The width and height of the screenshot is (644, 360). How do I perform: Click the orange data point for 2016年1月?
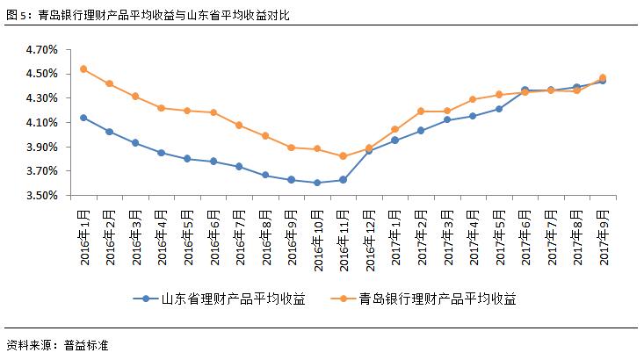pos(83,69)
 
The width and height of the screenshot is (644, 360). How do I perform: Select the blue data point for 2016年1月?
pos(83,118)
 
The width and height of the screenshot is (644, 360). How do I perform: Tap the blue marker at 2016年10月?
pos(317,183)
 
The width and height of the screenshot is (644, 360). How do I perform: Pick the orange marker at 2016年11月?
pos(343,156)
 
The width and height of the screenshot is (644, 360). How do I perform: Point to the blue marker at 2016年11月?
pos(343,179)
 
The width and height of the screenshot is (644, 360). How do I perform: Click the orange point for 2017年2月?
pos(421,111)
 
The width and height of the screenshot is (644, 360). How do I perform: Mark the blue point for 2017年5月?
pos(498,109)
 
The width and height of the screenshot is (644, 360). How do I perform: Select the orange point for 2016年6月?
pos(213,112)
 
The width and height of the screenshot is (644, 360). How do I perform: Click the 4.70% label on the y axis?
pos(41,50)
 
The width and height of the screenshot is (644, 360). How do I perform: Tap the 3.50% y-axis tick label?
pos(41,195)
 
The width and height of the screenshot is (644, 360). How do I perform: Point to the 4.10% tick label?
pos(41,123)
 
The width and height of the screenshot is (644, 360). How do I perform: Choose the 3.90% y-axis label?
pos(41,147)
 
